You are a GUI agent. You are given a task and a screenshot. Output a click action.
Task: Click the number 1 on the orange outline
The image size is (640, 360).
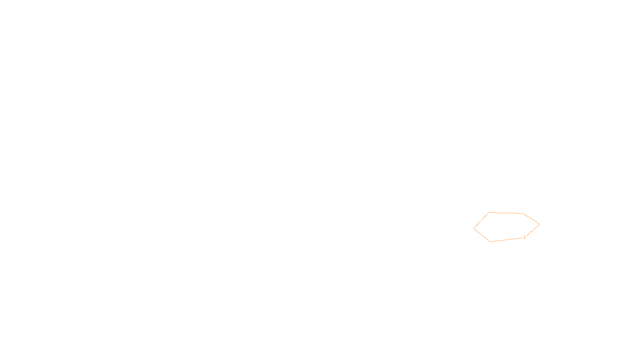click(524, 237)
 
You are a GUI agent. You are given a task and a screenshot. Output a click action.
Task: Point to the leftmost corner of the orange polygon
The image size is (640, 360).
click(474, 229)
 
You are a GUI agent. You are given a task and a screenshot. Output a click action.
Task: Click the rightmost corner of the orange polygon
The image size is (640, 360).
click(540, 224)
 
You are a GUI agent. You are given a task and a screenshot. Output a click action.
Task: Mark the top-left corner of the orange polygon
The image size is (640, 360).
click(489, 213)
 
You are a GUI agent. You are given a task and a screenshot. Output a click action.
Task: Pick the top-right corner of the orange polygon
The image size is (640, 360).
click(523, 214)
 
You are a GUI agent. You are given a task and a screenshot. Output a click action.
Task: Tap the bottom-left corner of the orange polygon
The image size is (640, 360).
click(491, 242)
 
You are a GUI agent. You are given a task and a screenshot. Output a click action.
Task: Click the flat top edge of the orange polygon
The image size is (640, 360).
click(506, 213)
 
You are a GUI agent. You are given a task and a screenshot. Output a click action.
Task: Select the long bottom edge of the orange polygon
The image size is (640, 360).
click(506, 240)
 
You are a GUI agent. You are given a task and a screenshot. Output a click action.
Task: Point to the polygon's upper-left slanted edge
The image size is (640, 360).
click(481, 221)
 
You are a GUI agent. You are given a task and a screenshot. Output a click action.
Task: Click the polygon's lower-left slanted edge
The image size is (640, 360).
click(482, 235)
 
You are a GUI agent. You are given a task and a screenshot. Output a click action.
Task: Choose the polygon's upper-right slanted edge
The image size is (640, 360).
click(531, 219)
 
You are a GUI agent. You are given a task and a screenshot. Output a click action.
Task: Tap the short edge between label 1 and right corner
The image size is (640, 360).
click(533, 230)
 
